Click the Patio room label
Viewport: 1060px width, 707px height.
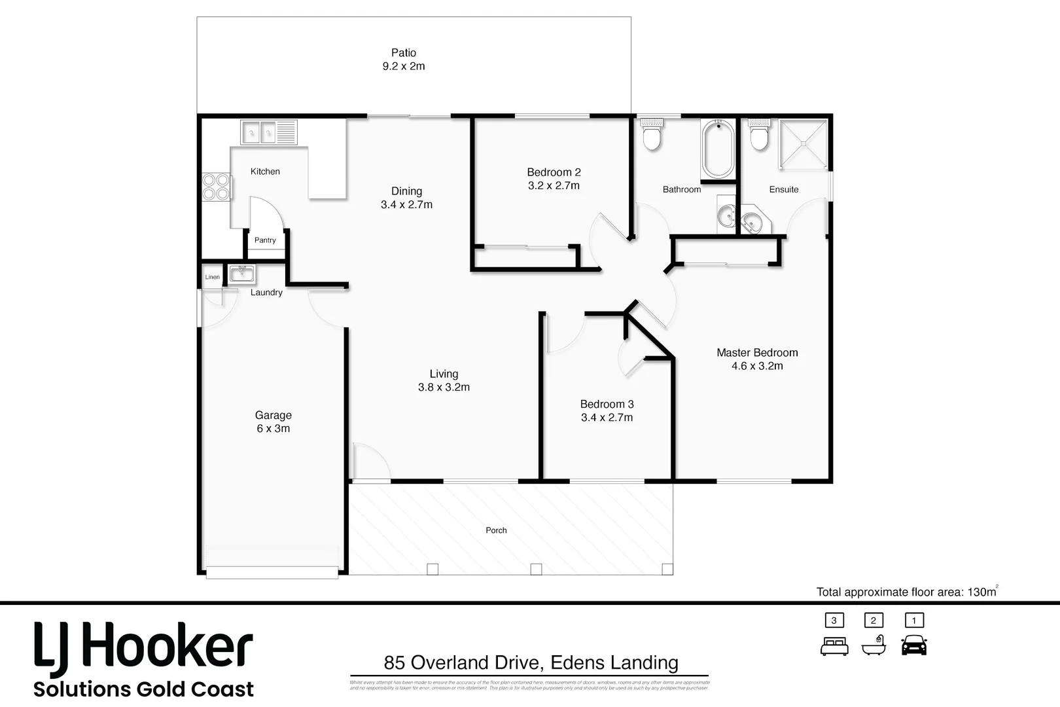tap(404, 53)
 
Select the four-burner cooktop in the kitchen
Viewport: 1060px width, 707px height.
tap(216, 187)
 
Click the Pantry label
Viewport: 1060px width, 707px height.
tap(265, 240)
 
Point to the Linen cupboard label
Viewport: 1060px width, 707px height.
tap(212, 277)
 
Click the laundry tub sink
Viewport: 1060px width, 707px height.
tap(241, 273)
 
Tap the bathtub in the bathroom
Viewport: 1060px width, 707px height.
tap(718, 149)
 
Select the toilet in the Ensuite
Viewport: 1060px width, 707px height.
tap(759, 136)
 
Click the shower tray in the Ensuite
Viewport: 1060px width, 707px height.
tap(802, 145)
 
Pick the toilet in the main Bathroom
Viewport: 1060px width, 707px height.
tap(652, 136)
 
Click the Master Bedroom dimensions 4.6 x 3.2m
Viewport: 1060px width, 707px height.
tap(757, 367)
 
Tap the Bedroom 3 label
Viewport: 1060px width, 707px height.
tap(607, 405)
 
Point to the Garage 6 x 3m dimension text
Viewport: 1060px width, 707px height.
tap(274, 429)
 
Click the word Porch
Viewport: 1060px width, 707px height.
tap(496, 530)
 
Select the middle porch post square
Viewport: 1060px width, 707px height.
tap(536, 569)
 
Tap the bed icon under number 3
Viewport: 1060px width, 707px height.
tap(834, 646)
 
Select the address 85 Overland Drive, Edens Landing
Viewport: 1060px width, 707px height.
tap(531, 662)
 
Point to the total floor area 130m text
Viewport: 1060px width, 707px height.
tap(906, 592)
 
